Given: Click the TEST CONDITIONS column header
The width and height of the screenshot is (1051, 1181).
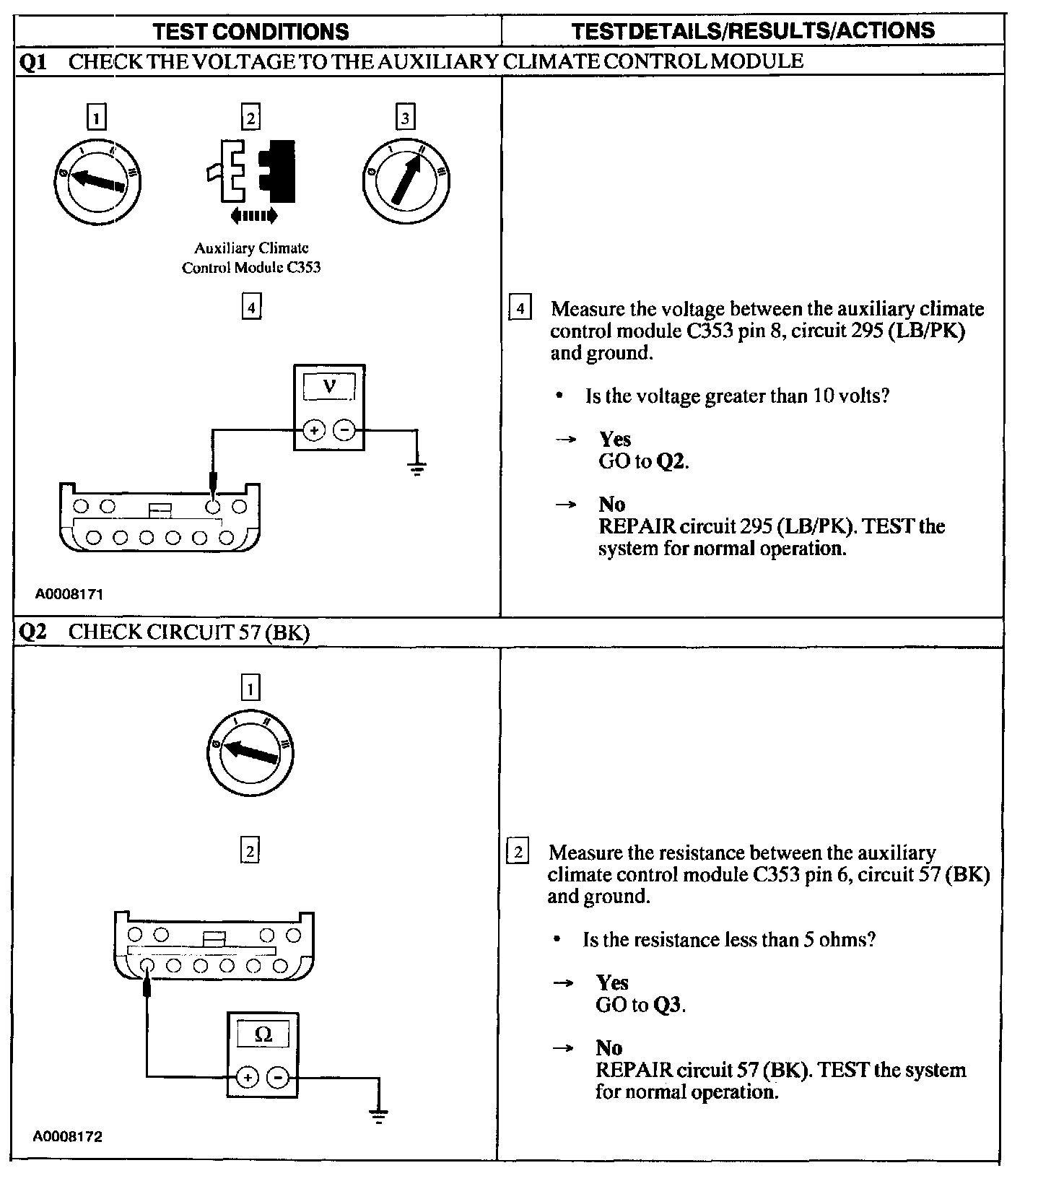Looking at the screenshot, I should [x=251, y=31].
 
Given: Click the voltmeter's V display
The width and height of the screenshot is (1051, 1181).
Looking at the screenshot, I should [x=329, y=386].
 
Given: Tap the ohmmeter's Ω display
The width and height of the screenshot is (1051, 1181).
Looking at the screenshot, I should [x=263, y=1034].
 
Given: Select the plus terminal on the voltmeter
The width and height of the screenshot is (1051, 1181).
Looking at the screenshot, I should [x=313, y=430].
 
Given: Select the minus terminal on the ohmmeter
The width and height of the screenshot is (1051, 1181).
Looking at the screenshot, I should [x=278, y=1078].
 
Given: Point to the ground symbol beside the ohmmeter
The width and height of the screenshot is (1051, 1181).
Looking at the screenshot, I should [x=378, y=1116].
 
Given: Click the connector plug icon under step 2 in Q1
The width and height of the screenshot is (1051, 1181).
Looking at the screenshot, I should [x=250, y=170].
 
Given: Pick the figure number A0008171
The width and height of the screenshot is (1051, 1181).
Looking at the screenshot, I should [x=69, y=595].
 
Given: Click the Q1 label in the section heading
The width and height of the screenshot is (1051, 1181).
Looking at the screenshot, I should [x=33, y=61].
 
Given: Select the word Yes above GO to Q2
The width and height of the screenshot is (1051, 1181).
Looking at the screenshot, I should [x=614, y=439].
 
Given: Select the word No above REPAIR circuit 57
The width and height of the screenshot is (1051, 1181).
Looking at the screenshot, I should [x=609, y=1047].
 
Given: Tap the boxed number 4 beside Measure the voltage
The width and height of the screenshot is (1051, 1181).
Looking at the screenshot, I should [x=520, y=308].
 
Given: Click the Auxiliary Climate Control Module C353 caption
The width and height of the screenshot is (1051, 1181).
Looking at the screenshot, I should [x=250, y=258].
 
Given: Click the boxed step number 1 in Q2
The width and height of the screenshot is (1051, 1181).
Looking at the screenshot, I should [x=250, y=689].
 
